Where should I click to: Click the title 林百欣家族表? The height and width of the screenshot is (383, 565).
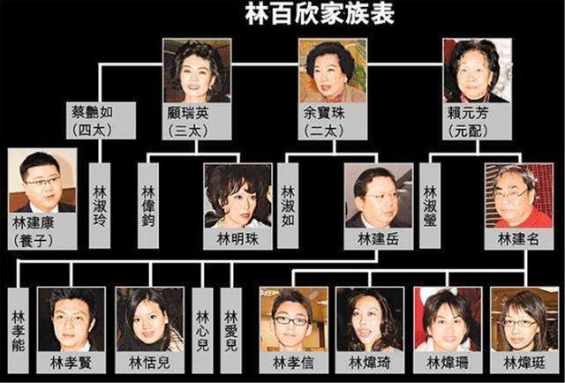click(320, 14)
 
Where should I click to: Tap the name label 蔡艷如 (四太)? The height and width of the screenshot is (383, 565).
click(101, 120)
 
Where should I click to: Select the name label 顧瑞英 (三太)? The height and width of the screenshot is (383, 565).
click(197, 122)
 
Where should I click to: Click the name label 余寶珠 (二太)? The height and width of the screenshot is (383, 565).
click(333, 122)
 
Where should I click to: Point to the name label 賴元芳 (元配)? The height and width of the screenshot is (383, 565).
click(477, 122)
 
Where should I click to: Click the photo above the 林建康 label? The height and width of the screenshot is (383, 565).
click(42, 180)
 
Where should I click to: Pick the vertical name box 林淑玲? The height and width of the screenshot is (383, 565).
click(100, 206)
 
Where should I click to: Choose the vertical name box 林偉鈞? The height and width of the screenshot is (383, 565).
click(148, 206)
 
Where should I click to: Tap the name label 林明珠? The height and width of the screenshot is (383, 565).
click(237, 239)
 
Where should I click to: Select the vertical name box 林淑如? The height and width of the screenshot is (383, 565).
click(288, 206)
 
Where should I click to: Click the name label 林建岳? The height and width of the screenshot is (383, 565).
click(379, 239)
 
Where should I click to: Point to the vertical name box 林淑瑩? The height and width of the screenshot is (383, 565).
click(430, 206)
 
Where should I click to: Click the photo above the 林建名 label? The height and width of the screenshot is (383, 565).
click(519, 196)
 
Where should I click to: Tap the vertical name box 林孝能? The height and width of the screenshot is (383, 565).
click(18, 330)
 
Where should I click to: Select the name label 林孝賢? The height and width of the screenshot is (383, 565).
click(71, 363)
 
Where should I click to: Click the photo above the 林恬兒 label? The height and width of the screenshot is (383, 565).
click(149, 319)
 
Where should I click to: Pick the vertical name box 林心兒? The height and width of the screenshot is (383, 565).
click(202, 330)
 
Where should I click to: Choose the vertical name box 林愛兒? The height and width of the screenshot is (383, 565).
click(231, 330)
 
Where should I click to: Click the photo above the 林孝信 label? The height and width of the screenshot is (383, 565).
click(294, 319)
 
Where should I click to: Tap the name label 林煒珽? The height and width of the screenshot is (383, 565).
click(524, 363)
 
